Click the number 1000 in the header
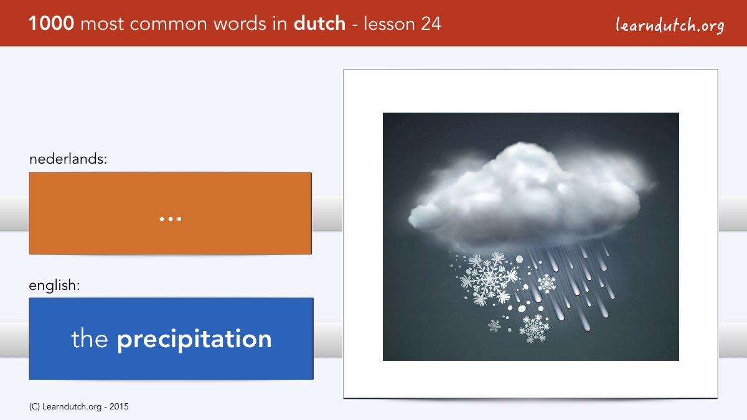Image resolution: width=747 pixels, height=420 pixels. (51, 24)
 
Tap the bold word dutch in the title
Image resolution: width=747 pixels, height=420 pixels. (319, 24)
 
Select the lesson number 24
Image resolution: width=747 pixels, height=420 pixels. (431, 24)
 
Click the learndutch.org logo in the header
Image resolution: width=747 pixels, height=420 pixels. (670, 26)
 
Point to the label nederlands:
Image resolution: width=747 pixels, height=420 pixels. (68, 159)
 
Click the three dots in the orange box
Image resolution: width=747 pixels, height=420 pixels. (171, 219)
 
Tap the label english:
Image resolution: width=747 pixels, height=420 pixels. (54, 286)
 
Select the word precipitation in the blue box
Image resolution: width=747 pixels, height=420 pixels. (194, 339)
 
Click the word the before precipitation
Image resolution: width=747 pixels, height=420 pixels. (90, 338)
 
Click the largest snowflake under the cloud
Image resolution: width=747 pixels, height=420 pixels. (489, 278)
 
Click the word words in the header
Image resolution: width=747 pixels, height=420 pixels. (240, 24)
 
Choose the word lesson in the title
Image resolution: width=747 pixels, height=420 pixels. (389, 24)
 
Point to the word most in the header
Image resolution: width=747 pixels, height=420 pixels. (102, 24)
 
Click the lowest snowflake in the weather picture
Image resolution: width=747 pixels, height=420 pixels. (534, 329)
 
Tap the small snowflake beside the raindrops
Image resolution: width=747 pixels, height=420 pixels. (547, 284)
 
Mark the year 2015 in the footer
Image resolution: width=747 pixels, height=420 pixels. (119, 407)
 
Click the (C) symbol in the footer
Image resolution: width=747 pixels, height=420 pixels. (34, 407)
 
